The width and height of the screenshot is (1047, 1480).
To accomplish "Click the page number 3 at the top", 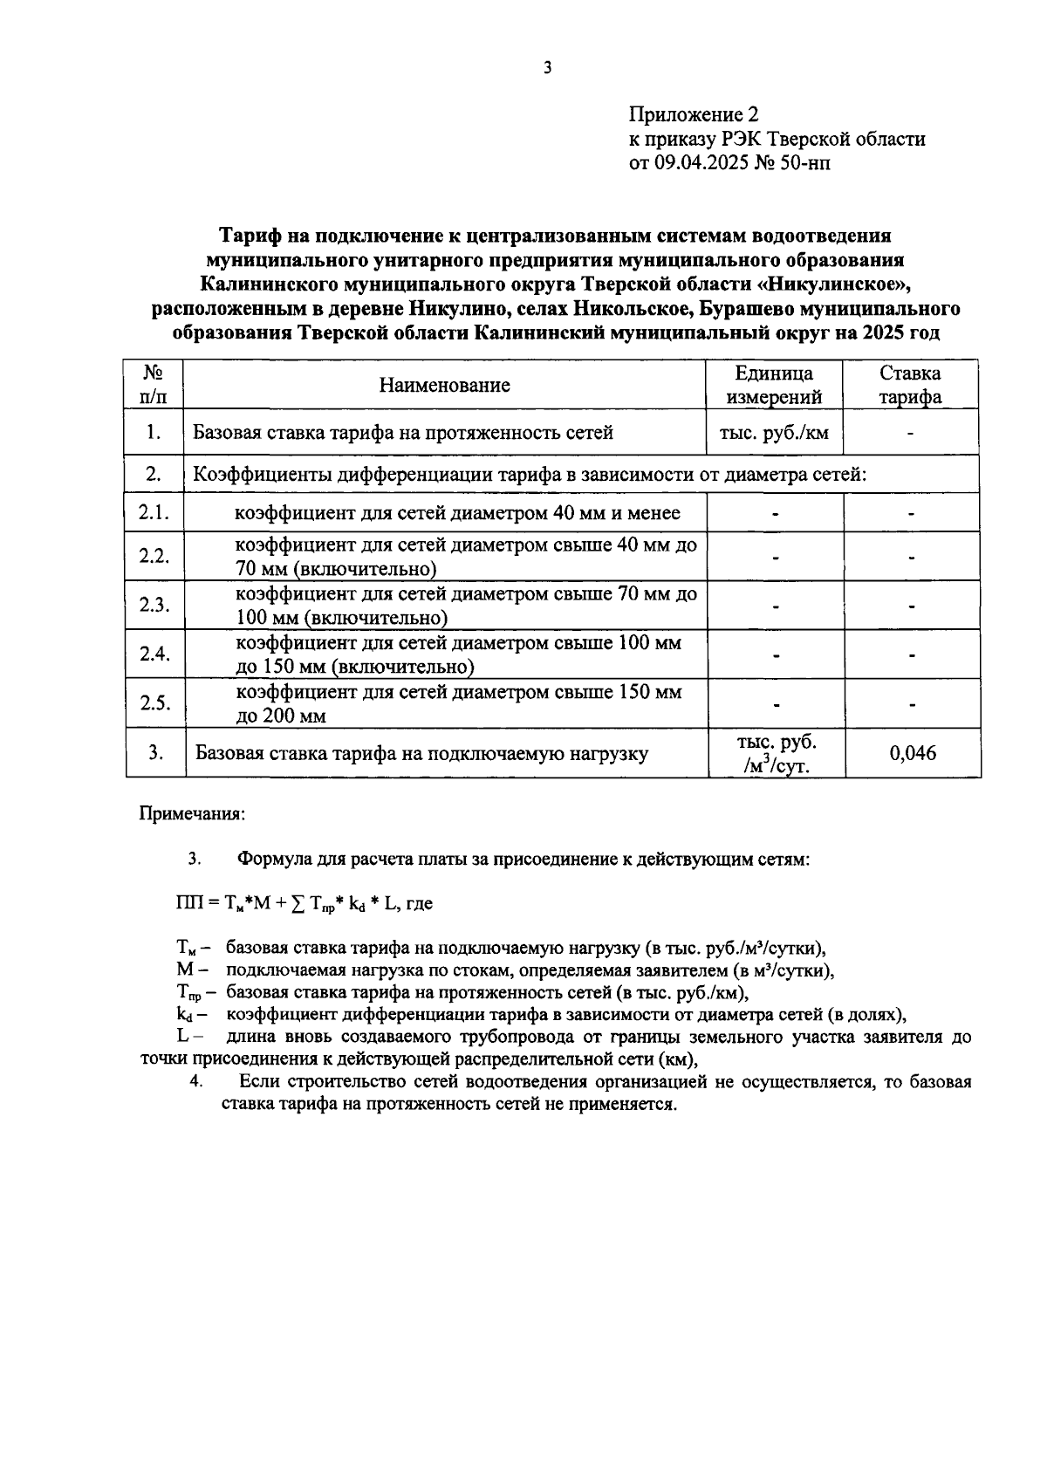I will (547, 68).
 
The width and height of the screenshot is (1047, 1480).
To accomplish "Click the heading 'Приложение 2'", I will (694, 115).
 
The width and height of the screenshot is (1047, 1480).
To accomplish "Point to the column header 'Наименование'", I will (444, 386).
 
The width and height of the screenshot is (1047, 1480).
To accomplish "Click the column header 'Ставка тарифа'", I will (910, 386).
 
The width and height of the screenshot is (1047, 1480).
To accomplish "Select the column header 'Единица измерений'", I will (774, 386).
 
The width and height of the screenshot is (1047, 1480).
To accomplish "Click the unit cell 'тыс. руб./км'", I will (774, 433).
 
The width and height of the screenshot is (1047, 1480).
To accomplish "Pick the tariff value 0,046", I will (913, 753).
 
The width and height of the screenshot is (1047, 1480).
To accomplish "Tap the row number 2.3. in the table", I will (154, 606).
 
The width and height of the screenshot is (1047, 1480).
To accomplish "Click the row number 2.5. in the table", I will (154, 703).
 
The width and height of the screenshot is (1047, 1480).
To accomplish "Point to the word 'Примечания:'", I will (193, 814).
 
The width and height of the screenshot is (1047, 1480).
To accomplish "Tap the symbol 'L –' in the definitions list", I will (188, 1038).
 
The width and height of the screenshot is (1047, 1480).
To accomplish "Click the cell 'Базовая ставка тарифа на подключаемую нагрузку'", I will (421, 754).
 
